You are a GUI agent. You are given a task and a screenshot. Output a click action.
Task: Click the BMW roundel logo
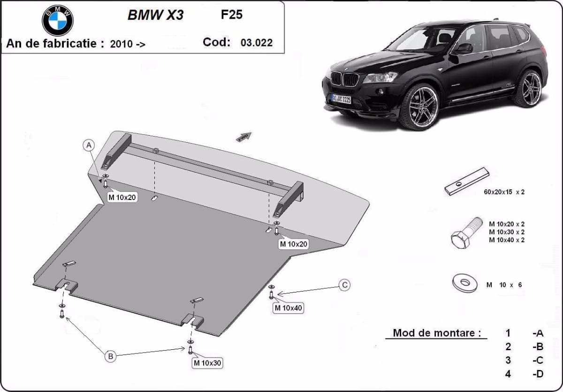tap(58, 20)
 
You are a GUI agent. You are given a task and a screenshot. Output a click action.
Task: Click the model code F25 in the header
tap(232, 15)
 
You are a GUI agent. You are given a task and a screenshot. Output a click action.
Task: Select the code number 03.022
tap(256, 43)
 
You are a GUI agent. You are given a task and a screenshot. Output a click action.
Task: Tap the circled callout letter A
tap(89, 146)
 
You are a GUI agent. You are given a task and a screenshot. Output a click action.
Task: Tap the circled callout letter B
tap(110, 356)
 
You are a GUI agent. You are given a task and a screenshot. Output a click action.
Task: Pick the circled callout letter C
tap(344, 284)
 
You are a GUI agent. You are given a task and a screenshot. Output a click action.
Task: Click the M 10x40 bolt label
tap(289, 308)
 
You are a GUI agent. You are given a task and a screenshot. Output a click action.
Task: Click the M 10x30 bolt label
tap(207, 363)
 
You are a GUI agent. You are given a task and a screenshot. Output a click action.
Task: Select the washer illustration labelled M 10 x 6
tap(464, 283)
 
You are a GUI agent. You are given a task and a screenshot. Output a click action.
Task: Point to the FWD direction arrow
tap(244, 137)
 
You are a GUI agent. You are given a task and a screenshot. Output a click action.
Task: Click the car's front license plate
tap(341, 99)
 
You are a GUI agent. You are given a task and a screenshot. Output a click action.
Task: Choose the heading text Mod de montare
tap(437, 333)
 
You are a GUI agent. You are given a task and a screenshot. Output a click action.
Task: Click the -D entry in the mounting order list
tap(538, 374)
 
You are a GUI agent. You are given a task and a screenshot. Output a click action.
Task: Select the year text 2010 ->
tap(127, 44)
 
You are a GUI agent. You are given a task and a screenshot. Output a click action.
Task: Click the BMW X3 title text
tap(155, 15)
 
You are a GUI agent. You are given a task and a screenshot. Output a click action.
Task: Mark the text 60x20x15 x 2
tap(503, 192)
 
